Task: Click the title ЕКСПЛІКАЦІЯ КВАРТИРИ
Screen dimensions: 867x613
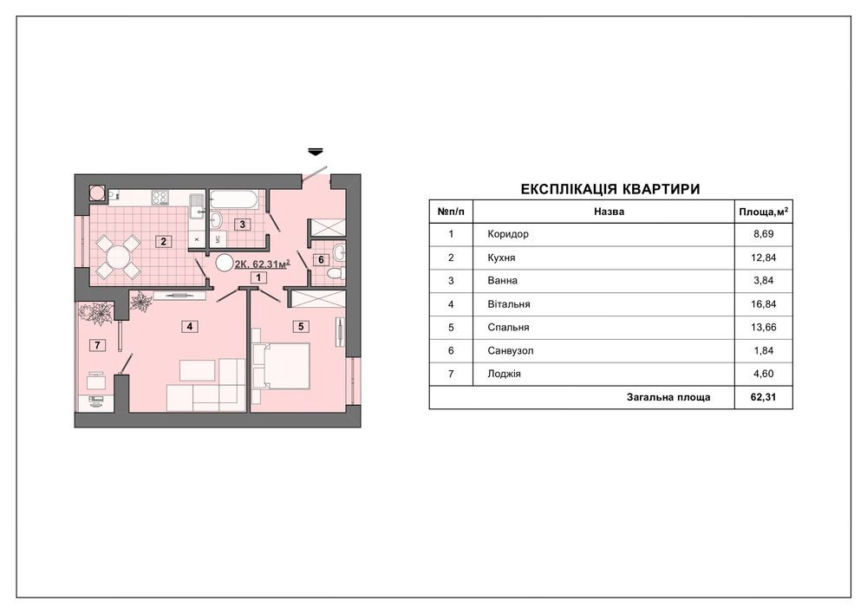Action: [610, 189]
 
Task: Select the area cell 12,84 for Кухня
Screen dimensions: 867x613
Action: [764, 257]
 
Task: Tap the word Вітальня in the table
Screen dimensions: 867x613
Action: [509, 304]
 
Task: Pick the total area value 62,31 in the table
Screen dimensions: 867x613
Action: [764, 397]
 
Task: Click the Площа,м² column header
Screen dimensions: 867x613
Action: [764, 212]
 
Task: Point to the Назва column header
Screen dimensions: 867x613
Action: [609, 212]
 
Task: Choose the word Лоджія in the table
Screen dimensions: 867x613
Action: [505, 374]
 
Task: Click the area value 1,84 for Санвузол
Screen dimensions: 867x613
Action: [764, 350]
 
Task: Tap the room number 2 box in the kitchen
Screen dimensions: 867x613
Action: [163, 242]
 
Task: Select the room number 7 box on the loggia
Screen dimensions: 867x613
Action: [97, 345]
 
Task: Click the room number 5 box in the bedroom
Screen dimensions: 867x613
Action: [302, 327]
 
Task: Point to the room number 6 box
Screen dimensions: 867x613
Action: [322, 260]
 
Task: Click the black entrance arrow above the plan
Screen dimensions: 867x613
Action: [316, 151]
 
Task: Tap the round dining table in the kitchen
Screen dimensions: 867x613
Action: [118, 257]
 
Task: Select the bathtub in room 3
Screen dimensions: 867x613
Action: [232, 199]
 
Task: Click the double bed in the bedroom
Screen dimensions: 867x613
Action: [281, 365]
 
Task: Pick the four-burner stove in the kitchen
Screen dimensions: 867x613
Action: [160, 198]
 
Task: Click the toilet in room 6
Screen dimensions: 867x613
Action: [335, 273]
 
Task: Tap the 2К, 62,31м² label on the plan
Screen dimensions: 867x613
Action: [262, 264]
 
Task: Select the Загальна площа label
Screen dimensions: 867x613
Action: [668, 397]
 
